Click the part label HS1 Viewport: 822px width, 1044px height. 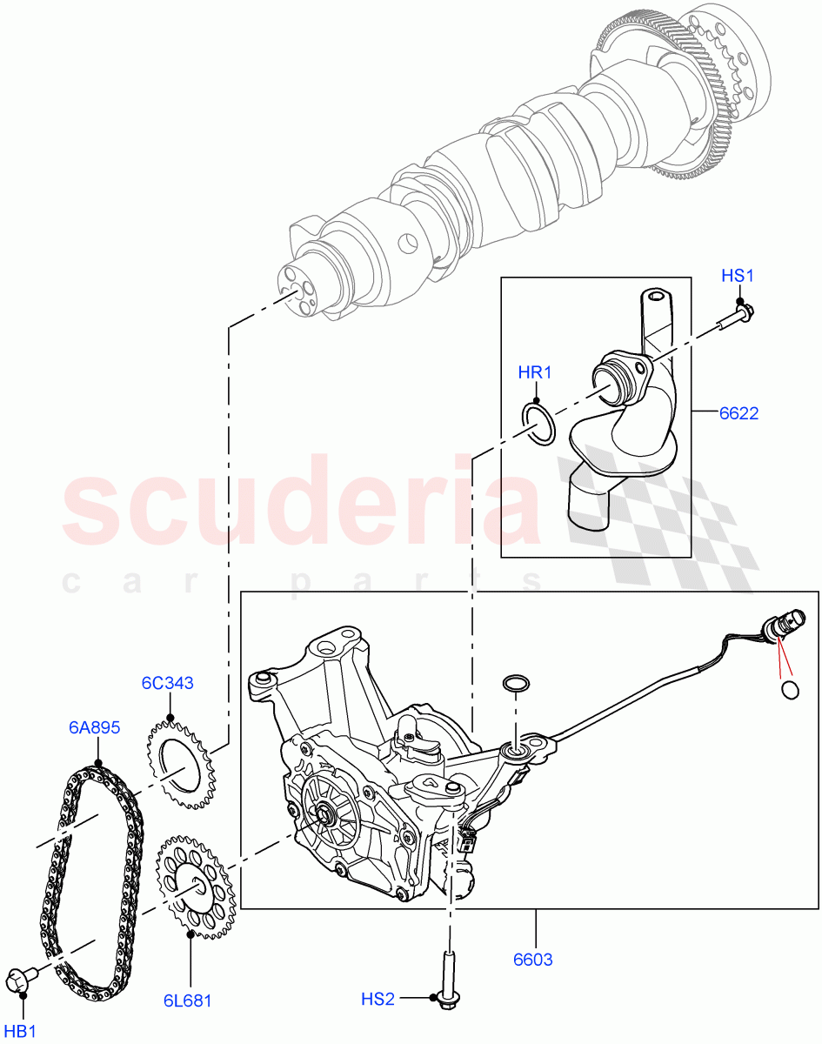[737, 276]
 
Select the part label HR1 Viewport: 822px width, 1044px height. [535, 373]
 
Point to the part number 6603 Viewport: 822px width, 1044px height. [532, 960]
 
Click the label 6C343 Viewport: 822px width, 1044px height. [167, 683]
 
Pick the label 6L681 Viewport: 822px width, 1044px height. [187, 1000]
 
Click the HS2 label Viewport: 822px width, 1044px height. [378, 1000]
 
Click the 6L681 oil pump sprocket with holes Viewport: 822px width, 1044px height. [195, 887]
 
